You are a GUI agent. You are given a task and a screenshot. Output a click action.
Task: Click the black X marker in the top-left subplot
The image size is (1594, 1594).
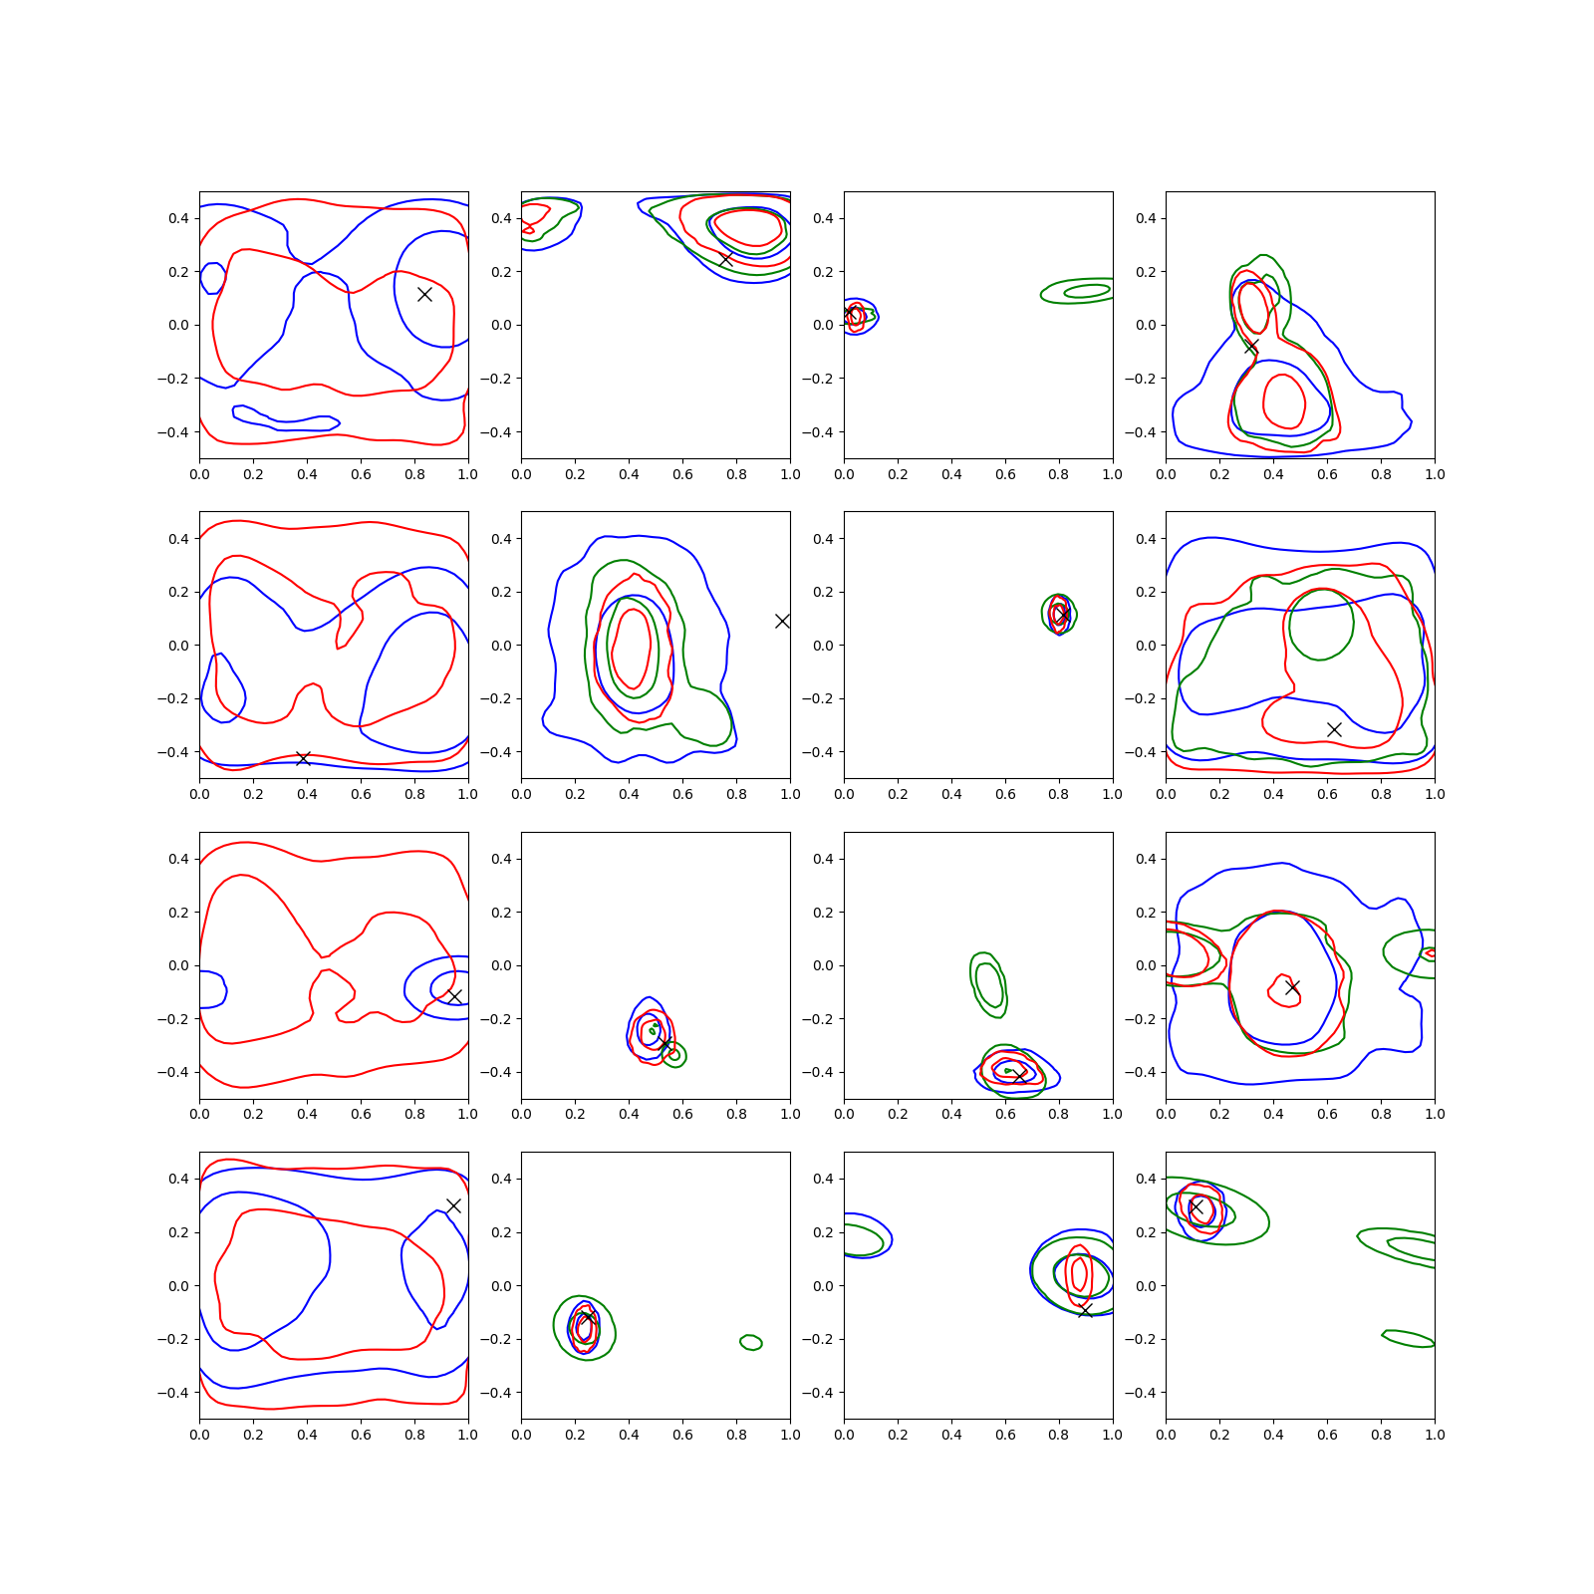click(424, 294)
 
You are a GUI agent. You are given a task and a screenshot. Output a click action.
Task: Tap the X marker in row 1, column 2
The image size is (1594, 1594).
click(725, 259)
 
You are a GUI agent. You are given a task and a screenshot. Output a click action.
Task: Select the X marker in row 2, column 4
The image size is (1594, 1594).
click(1334, 729)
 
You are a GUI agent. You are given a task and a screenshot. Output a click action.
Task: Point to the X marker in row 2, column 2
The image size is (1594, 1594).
click(782, 621)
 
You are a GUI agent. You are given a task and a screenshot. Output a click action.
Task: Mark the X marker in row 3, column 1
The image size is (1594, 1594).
click(454, 996)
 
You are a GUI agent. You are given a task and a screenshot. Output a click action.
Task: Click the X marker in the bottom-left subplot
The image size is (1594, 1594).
click(453, 1205)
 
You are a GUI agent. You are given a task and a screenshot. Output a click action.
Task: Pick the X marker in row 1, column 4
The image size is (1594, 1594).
click(1251, 347)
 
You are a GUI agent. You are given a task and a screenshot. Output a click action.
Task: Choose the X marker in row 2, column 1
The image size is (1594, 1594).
click(304, 759)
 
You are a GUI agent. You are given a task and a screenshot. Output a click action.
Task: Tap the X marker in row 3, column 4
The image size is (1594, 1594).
click(1292, 987)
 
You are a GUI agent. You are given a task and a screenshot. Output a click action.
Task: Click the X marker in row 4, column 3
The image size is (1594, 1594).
click(1086, 1310)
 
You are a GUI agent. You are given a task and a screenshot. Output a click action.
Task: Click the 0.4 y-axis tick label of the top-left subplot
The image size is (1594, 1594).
click(178, 218)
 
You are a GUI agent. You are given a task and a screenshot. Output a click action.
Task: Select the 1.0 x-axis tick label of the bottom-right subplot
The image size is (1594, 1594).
click(1435, 1435)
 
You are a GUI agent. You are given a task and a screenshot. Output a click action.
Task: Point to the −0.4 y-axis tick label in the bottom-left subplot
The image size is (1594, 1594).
click(172, 1393)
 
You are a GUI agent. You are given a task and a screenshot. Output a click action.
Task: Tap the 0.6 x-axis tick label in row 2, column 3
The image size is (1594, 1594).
click(1005, 794)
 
